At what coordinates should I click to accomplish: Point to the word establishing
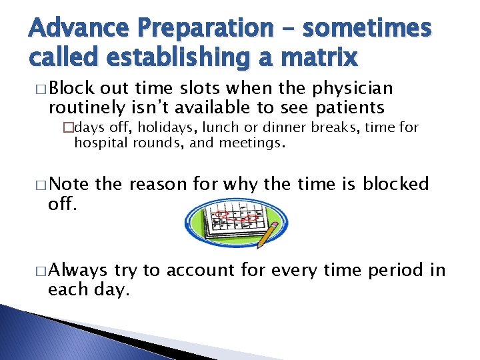tap(183, 58)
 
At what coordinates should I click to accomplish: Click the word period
tap(393, 270)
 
